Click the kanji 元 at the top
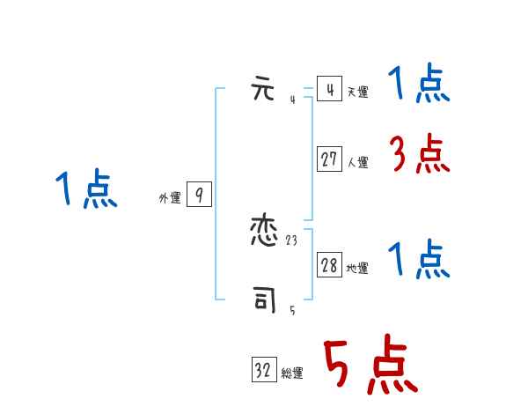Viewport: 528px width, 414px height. pyautogui.click(x=264, y=90)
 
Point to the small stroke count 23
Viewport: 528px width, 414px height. pyautogui.click(x=291, y=240)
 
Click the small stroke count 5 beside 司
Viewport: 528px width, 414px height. pyautogui.click(x=292, y=310)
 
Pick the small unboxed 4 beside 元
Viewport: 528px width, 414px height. pyautogui.click(x=292, y=100)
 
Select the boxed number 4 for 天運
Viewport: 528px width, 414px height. pyautogui.click(x=329, y=89)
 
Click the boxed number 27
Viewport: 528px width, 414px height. pyautogui.click(x=329, y=159)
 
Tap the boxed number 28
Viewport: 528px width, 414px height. pyautogui.click(x=329, y=265)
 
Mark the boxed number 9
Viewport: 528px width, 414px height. pyautogui.click(x=199, y=195)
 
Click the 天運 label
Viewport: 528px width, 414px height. pyautogui.click(x=357, y=92)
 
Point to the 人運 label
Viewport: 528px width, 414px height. pyautogui.click(x=357, y=162)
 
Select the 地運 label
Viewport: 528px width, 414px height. pyautogui.click(x=357, y=269)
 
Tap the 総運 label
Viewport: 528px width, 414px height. pyautogui.click(x=292, y=373)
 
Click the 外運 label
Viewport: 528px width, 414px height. pyautogui.click(x=169, y=198)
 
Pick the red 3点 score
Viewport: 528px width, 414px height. pyautogui.click(x=419, y=156)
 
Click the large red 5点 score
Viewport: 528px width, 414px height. pyautogui.click(x=370, y=366)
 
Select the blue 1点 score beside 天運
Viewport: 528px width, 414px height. pyautogui.click(x=419, y=85)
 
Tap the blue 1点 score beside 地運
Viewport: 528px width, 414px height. pyautogui.click(x=419, y=261)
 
